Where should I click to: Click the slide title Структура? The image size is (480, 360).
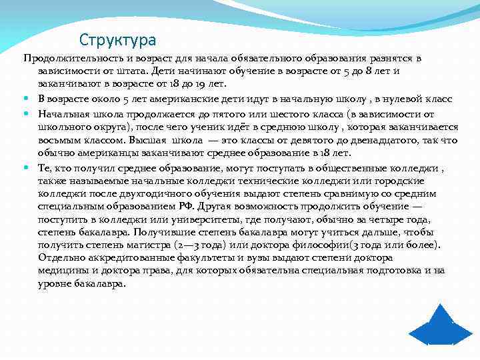[x=117, y=40]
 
